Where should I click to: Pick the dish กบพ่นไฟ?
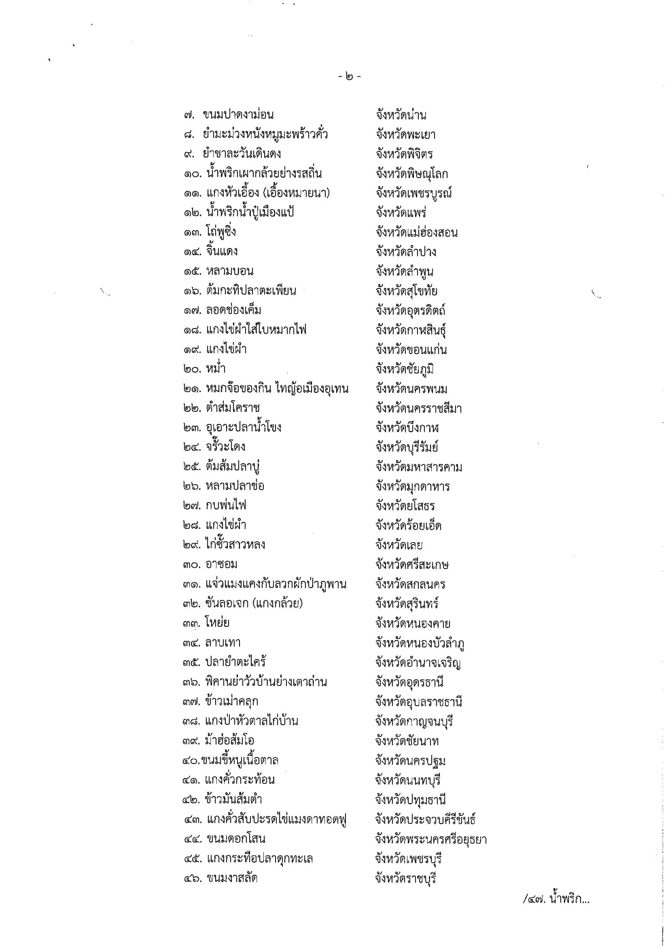pos(226,506)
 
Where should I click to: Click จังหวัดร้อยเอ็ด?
pos(409,525)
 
